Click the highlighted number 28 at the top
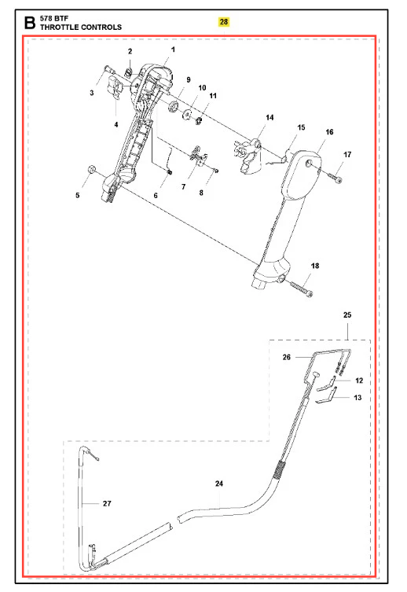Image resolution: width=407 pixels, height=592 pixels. pyautogui.click(x=224, y=22)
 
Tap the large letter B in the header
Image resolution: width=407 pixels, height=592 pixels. pyautogui.click(x=30, y=23)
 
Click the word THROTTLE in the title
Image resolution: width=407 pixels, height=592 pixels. pyautogui.click(x=58, y=28)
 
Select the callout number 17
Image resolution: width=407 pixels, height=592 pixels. pyautogui.click(x=347, y=154)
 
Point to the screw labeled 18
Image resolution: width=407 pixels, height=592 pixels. pyautogui.click(x=301, y=289)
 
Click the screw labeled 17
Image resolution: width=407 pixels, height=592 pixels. pyautogui.click(x=334, y=177)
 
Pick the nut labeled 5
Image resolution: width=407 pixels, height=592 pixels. pyautogui.click(x=90, y=169)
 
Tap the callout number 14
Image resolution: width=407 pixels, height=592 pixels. pyautogui.click(x=269, y=117)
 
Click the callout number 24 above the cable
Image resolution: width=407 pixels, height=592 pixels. pyautogui.click(x=219, y=484)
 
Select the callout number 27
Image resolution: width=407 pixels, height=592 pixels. pyautogui.click(x=107, y=503)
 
